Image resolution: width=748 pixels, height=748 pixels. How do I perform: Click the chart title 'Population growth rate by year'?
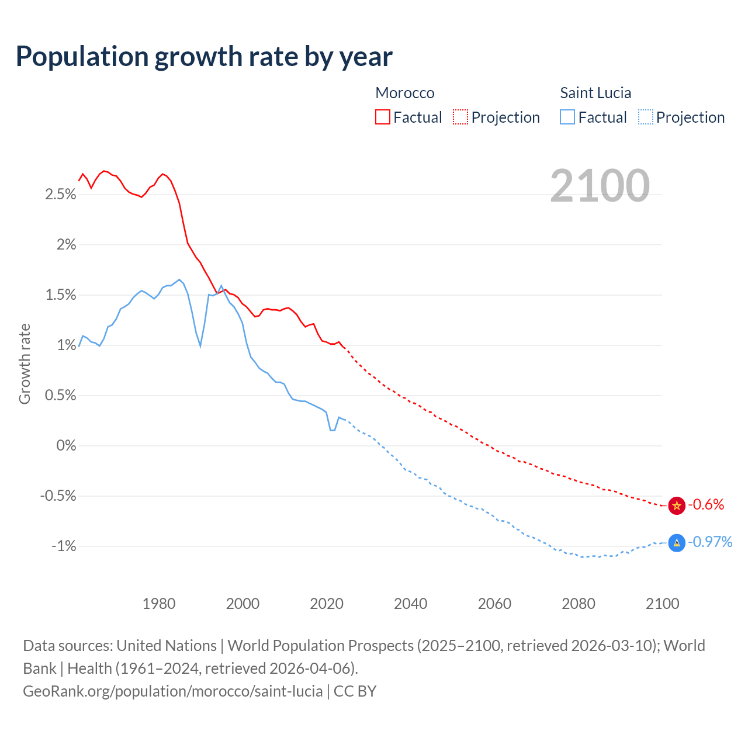tap(204, 57)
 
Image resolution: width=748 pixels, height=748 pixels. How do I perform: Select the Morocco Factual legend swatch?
tap(382, 117)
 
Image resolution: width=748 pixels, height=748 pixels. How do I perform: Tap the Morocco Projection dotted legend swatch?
tap(460, 117)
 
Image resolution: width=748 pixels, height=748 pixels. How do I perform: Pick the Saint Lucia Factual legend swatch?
tap(567, 117)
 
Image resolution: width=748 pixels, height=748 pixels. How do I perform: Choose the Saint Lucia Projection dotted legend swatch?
tap(645, 117)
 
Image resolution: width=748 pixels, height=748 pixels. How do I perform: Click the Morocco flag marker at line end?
tap(676, 505)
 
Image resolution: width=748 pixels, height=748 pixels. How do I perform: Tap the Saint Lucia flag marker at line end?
tap(676, 543)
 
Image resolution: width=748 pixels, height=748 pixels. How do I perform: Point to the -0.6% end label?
tap(706, 505)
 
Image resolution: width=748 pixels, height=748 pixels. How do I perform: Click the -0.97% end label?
tap(710, 542)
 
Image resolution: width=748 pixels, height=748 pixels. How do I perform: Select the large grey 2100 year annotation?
tap(600, 186)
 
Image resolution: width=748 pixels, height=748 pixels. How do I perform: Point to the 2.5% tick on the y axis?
tap(61, 195)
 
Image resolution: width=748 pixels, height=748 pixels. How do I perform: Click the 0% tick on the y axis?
tap(66, 446)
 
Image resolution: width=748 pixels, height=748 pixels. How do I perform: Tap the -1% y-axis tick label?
tap(64, 546)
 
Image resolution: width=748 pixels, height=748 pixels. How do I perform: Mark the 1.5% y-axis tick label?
tap(61, 295)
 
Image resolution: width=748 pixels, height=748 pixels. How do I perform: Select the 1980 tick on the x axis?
tap(159, 604)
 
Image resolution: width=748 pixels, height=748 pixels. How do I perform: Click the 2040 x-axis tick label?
tap(411, 604)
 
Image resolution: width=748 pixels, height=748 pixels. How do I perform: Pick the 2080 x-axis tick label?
tap(579, 604)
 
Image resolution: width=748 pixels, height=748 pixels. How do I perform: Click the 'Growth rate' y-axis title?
tap(25, 363)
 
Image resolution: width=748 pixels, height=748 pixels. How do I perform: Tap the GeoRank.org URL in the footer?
tap(172, 691)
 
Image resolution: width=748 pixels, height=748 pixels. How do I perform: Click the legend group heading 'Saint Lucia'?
tap(595, 93)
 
